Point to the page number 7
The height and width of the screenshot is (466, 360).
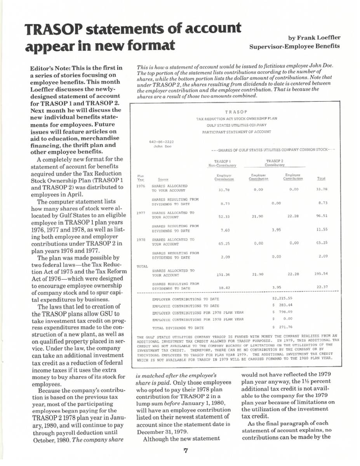(186, 451)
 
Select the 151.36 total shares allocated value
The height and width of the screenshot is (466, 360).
(223, 274)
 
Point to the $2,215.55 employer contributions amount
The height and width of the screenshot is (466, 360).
(282, 298)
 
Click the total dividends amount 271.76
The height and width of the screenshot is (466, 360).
(282, 327)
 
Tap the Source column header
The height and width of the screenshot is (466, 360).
(163, 179)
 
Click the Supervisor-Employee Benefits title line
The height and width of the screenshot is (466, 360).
(294, 46)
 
